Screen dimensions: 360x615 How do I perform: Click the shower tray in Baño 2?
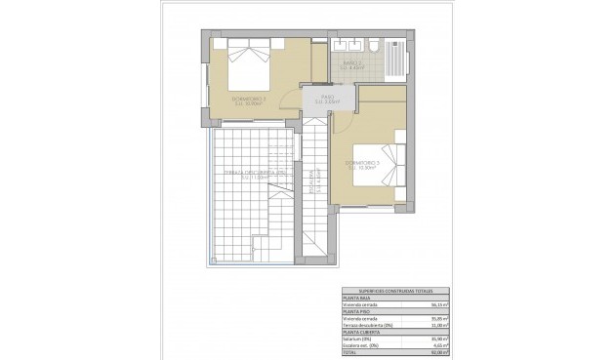(x=396, y=58)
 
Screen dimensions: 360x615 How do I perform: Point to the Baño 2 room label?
(x=352, y=65)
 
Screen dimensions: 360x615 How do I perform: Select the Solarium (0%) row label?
(x=358, y=339)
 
